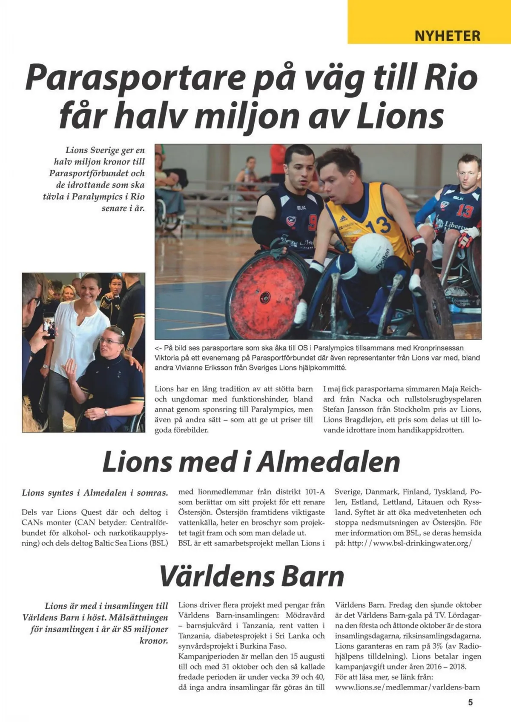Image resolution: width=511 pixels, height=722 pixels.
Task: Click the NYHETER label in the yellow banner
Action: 447,36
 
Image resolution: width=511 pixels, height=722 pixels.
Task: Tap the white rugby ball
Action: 371,254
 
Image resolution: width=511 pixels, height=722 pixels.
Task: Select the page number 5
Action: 470,702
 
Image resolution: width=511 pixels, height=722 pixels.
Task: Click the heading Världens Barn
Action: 252,576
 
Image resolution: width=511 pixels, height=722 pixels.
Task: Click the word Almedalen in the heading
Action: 328,462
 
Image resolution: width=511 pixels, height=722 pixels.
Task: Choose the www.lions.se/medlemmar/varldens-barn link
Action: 408,687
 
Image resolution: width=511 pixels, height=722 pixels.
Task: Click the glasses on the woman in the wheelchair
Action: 108,341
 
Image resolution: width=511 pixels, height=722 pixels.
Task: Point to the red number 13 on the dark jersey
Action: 465,211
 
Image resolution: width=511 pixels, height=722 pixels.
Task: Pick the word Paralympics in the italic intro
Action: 94,197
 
